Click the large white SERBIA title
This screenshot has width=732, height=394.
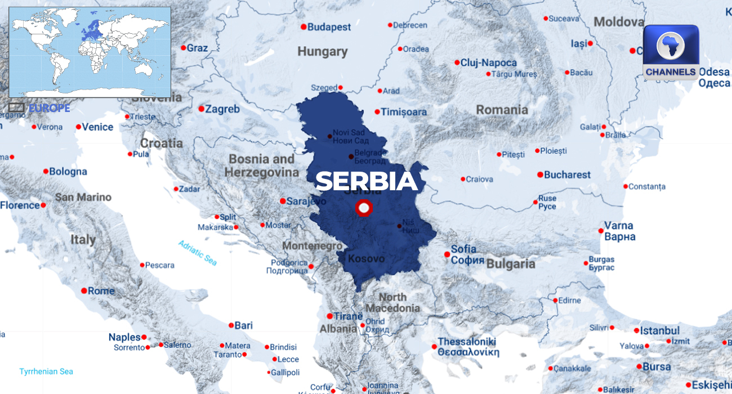pyautogui.click(x=367, y=181)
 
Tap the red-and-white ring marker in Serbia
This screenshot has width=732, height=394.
pyautogui.click(x=364, y=208)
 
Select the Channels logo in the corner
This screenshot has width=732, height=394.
pyautogui.click(x=670, y=52)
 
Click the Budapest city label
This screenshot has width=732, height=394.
pyautogui.click(x=329, y=27)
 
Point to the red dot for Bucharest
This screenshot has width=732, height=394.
pyautogui.click(x=540, y=175)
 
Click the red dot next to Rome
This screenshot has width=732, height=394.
pyautogui.click(x=84, y=291)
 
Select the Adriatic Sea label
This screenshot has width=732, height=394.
pyautogui.click(x=198, y=253)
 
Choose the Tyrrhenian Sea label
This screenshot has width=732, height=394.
pyautogui.click(x=46, y=371)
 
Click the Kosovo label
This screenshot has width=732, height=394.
pyautogui.click(x=367, y=259)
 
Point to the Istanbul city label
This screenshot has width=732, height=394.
pyautogui.click(x=660, y=331)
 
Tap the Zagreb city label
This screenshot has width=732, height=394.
pyautogui.click(x=222, y=109)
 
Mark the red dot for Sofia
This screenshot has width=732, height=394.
pyautogui.click(x=447, y=254)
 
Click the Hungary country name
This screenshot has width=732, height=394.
pyautogui.click(x=323, y=52)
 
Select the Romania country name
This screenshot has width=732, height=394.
pyautogui.click(x=502, y=110)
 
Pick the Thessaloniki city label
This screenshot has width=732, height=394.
pyautogui.click(x=467, y=342)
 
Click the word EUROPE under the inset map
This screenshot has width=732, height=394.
pyautogui.click(x=49, y=108)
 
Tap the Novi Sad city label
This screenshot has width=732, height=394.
pyautogui.click(x=349, y=133)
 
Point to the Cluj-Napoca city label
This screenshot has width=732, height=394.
pyautogui.click(x=488, y=63)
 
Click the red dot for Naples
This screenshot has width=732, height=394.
pyautogui.click(x=144, y=337)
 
